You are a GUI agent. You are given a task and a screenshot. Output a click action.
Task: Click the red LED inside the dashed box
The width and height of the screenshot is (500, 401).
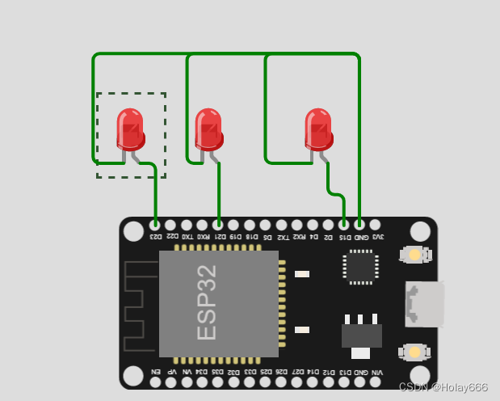(130, 128)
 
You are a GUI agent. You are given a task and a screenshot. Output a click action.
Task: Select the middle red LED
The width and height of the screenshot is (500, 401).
(208, 128)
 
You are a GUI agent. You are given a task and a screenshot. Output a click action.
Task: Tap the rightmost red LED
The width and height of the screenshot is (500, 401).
(318, 128)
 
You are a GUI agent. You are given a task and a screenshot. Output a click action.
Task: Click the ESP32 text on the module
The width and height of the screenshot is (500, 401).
(208, 302)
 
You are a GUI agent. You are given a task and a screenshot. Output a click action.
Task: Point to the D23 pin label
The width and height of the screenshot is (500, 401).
(155, 237)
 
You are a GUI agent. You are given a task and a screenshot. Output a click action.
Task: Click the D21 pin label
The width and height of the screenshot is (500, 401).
(218, 237)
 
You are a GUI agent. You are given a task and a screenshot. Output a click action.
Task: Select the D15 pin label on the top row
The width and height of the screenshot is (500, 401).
(344, 237)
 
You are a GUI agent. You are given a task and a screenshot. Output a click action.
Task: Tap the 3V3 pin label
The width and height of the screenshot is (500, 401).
(376, 237)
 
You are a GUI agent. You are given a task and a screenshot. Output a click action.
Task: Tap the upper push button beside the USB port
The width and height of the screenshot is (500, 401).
(414, 255)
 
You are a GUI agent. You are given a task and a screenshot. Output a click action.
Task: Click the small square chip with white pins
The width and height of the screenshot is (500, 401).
(360, 267)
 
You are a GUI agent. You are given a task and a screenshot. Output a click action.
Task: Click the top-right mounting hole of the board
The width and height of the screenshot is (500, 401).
(420, 232)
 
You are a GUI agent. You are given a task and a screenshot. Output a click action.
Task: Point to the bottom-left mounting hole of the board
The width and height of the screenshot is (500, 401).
(133, 376)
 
